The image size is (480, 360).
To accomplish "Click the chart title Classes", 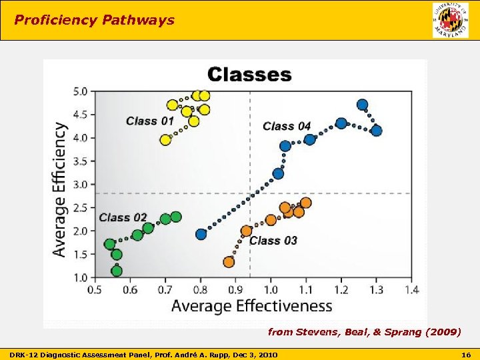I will [249, 74].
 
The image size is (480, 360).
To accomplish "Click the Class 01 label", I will [150, 121].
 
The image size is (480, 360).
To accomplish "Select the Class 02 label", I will [123, 217].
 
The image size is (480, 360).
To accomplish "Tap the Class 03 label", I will [273, 240].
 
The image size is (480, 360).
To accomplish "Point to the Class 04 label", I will [287, 125].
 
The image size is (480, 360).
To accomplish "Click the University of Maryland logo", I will [451, 20].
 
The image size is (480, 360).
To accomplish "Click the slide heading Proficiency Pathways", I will [94, 20].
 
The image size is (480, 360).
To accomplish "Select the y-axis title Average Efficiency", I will [59, 189].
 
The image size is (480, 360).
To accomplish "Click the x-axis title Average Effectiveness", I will [251, 306].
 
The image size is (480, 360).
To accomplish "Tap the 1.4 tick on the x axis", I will [411, 290].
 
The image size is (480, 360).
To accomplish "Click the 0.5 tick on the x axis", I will [95, 290].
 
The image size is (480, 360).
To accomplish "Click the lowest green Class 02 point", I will [117, 271].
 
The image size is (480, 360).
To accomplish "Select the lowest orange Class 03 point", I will [229, 262].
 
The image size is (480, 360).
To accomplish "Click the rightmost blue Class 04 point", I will [376, 131].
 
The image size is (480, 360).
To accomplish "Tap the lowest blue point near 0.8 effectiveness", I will [201, 234].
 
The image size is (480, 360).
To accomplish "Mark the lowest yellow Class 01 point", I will [166, 139].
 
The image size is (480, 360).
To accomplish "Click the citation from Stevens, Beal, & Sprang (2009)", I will [364, 331].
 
